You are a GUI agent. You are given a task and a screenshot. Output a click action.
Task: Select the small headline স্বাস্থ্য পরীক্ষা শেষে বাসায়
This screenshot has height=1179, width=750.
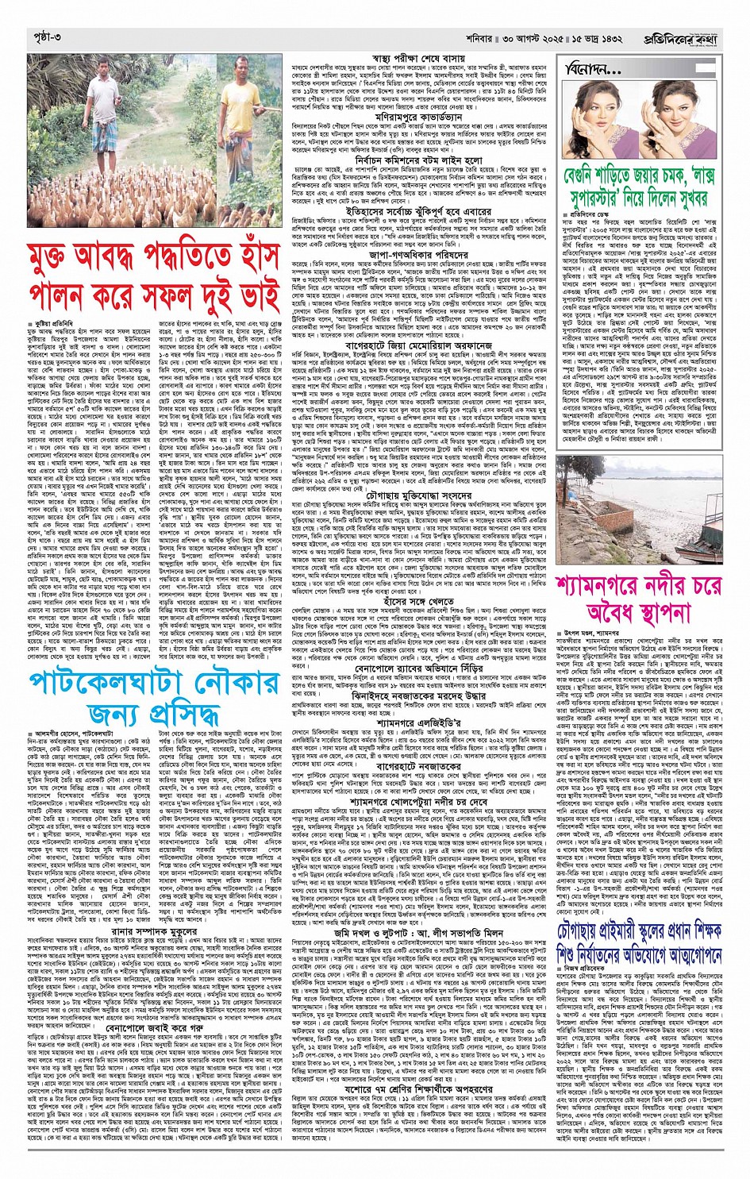coord(420,58)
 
